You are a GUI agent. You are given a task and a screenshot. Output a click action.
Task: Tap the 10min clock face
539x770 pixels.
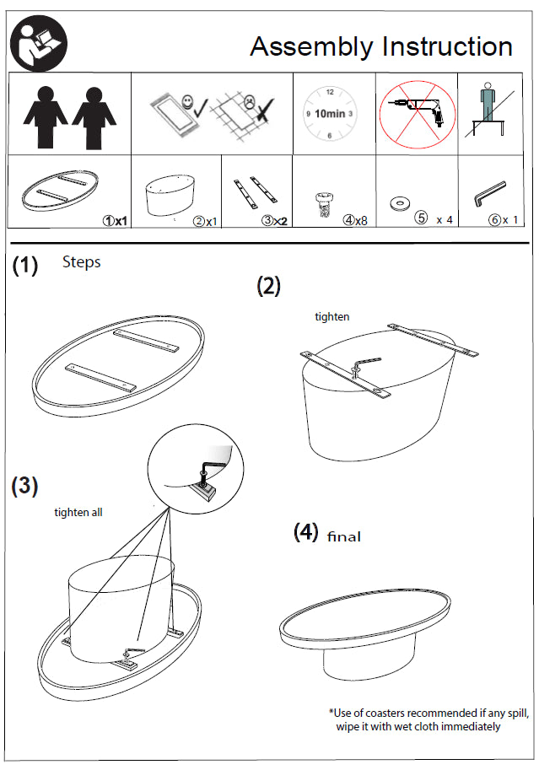tap(328, 113)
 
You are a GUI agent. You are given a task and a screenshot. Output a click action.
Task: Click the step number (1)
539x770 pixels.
tap(25, 266)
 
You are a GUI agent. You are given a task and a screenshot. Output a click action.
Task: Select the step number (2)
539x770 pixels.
tap(268, 286)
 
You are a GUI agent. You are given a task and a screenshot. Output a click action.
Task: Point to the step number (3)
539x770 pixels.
tap(25, 486)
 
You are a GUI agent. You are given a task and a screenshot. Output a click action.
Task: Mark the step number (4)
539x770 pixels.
tap(305, 532)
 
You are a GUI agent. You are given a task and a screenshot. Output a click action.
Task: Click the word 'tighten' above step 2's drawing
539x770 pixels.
tap(331, 317)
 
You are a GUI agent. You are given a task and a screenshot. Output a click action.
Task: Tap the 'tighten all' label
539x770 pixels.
tap(78, 512)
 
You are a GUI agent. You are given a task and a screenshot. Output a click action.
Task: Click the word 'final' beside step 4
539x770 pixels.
tap(343, 536)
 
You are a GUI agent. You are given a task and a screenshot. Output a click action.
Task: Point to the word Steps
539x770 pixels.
tap(81, 262)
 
